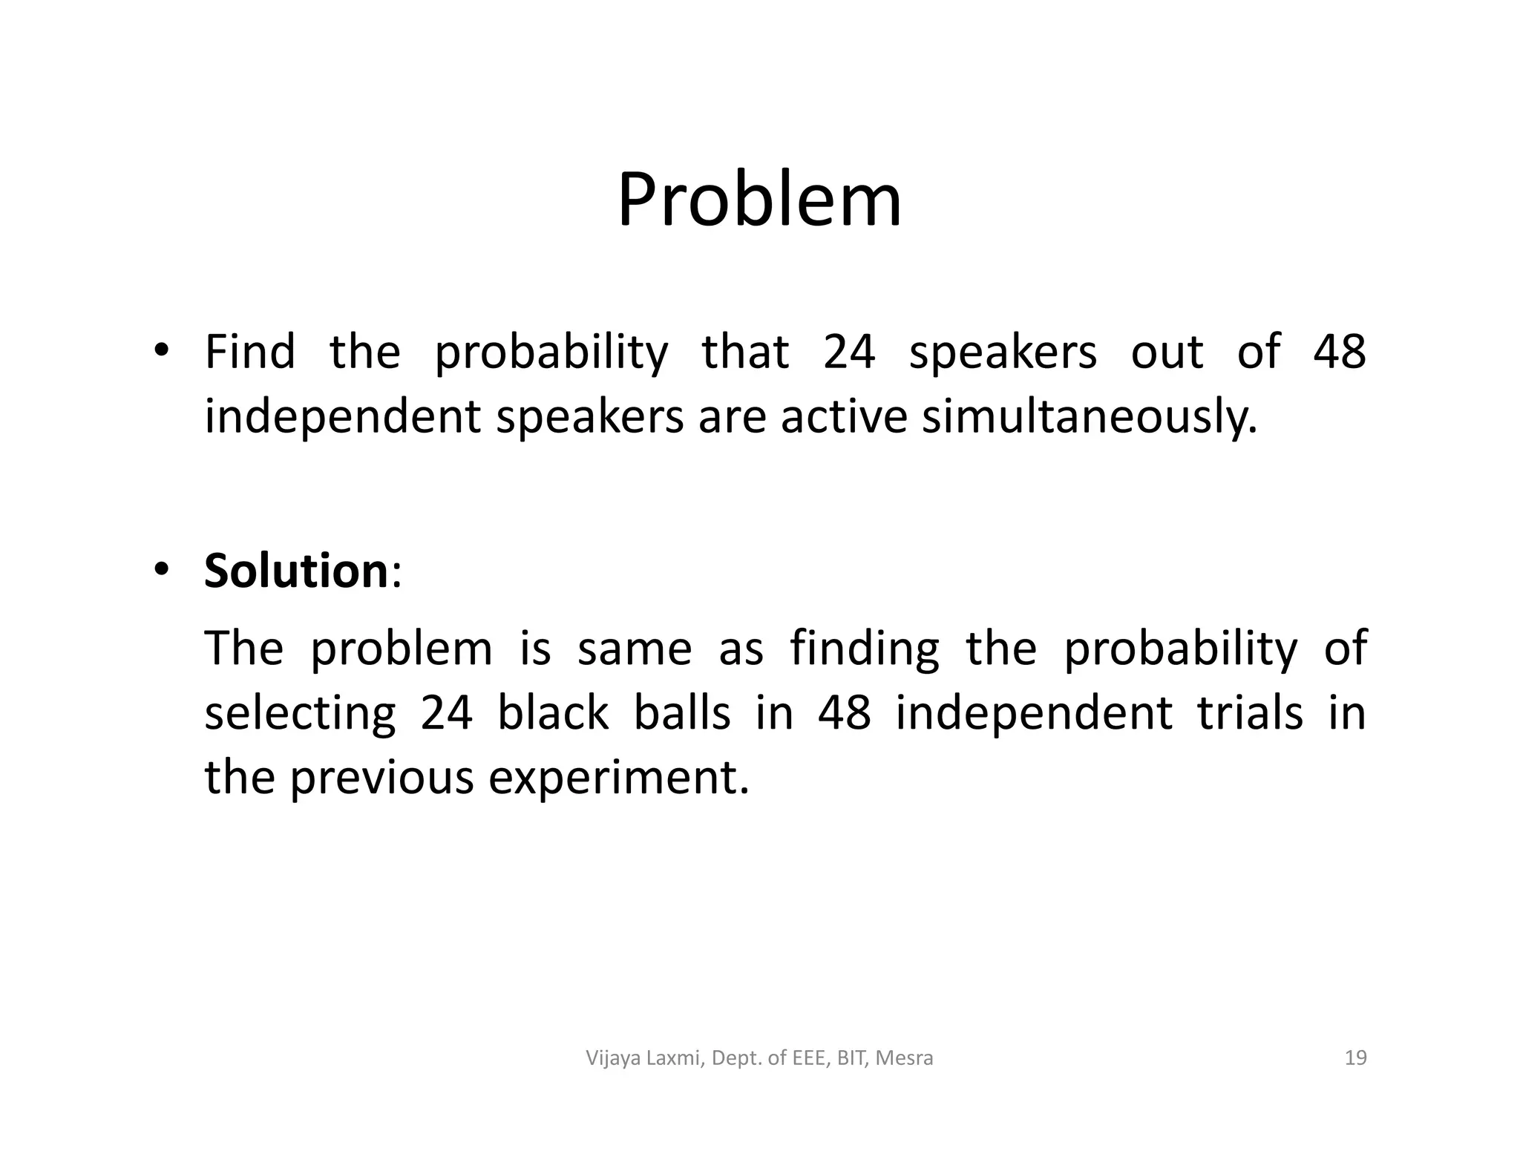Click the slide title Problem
point(759,200)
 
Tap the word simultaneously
point(1089,417)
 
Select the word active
point(843,416)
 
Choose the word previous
point(381,777)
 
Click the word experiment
point(618,778)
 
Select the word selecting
point(300,714)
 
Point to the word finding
point(864,649)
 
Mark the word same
point(635,649)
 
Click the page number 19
point(1355,1057)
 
